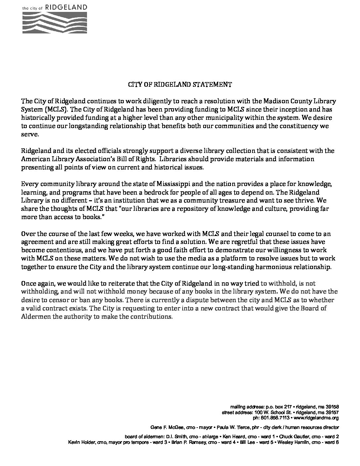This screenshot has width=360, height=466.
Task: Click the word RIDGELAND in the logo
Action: point(71,7)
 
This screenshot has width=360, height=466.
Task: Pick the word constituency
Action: point(302,126)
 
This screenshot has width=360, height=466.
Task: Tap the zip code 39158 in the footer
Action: point(332,407)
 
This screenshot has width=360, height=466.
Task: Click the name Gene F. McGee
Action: point(164,427)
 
